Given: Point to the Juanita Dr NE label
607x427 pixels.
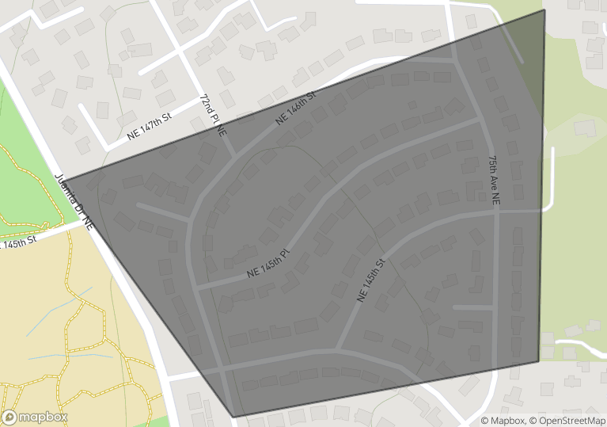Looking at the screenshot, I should click(74, 202).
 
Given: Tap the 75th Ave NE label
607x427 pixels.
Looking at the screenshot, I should click(495, 181).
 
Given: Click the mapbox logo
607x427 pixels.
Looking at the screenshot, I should click(35, 417).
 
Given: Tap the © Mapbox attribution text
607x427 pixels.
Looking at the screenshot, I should click(503, 421).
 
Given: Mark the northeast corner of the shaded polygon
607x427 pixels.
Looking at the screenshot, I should click(544, 10).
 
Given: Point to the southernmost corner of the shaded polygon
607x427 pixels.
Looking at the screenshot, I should click(234, 416).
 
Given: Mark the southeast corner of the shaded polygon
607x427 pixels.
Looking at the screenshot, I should click(539, 362).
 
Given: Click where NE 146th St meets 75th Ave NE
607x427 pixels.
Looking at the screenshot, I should click(453, 59).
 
